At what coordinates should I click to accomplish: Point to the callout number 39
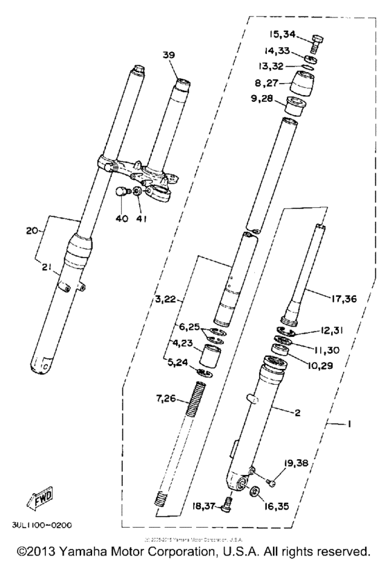(169, 55)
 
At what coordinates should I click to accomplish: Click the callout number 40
(122, 220)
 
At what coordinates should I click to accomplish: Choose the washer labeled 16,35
(255, 492)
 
